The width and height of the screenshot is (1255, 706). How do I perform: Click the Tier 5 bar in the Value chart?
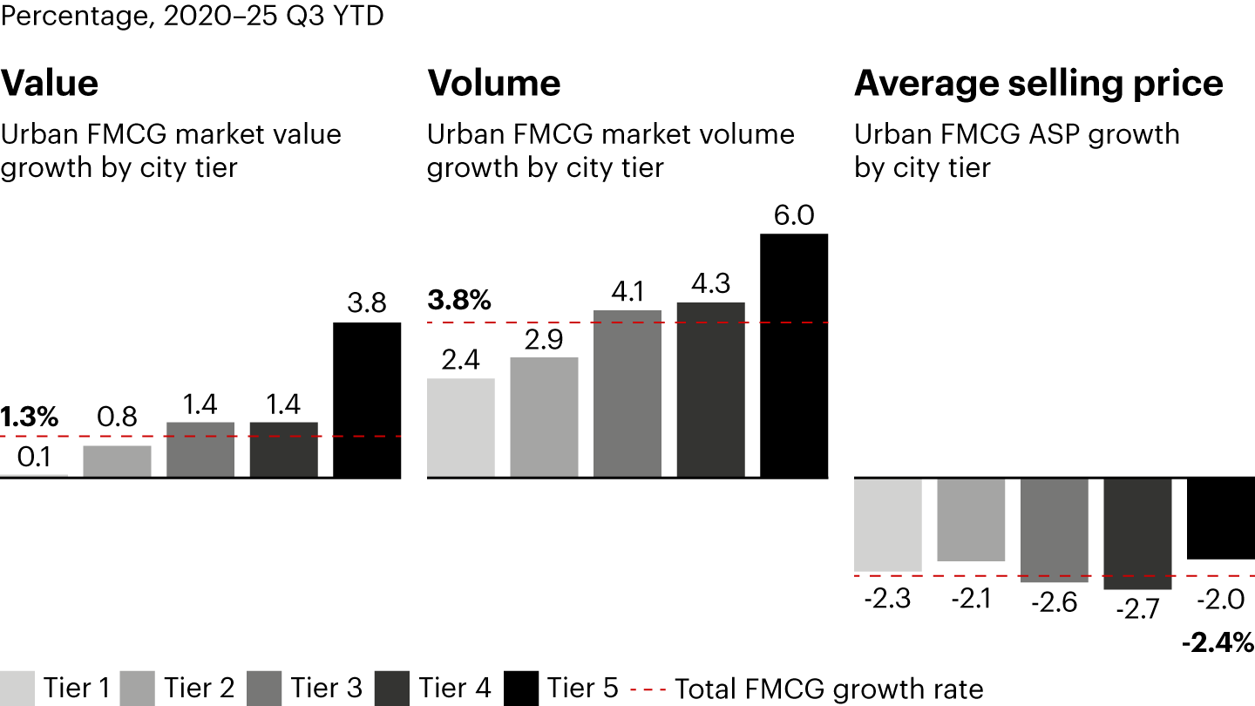tap(367, 400)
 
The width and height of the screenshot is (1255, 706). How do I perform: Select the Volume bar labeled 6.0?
tap(794, 356)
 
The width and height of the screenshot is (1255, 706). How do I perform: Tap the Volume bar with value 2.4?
tap(461, 428)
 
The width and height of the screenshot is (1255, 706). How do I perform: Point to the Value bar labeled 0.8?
tap(118, 462)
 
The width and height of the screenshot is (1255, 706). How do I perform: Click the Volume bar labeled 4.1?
tap(627, 394)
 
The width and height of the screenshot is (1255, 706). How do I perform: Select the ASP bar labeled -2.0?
tap(1221, 519)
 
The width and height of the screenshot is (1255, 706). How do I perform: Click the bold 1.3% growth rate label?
tap(30, 417)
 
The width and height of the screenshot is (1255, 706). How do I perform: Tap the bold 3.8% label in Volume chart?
tap(459, 301)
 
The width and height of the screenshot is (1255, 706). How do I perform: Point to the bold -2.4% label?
tap(1218, 644)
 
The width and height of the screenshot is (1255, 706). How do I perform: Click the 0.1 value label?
tap(34, 458)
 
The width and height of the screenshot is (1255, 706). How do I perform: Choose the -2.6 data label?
tap(1055, 602)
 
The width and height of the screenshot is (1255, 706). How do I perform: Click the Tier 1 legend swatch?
tap(17, 689)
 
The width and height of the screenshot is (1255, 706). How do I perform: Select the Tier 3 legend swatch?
tap(264, 689)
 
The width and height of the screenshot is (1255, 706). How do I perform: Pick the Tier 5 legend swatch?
tap(520, 689)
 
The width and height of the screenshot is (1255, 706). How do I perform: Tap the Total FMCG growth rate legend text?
tap(829, 689)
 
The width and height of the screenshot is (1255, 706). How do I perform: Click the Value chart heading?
tap(50, 84)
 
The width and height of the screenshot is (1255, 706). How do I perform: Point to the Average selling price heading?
tap(1038, 84)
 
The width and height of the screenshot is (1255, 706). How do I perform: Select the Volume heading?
tap(494, 84)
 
